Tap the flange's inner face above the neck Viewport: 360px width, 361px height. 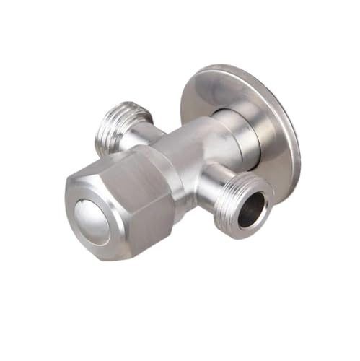point(216,90)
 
